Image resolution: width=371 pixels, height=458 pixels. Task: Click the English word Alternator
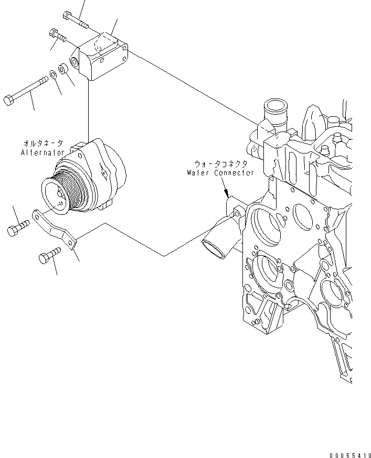click(43, 152)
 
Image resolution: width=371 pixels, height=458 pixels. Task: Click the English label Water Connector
click(220, 172)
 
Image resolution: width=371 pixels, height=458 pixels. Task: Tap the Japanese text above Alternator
click(43, 143)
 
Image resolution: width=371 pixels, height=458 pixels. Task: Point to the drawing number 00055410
click(350, 455)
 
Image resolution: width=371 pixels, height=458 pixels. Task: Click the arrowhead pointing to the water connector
click(226, 193)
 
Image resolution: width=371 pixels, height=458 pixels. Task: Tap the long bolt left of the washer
click(26, 91)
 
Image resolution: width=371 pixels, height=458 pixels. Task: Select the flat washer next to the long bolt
click(53, 74)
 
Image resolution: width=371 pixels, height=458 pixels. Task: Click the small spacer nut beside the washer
click(63, 69)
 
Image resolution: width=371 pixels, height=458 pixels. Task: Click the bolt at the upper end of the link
click(18, 228)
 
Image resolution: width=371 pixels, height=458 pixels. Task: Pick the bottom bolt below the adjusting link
click(49, 255)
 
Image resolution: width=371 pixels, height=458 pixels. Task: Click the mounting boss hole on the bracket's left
click(74, 61)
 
